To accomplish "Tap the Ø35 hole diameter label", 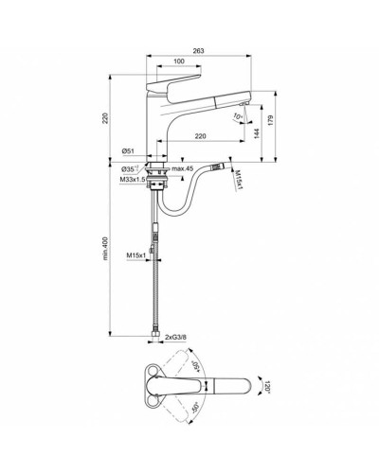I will point(131,167).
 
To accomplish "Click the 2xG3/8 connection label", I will point(181,337).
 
